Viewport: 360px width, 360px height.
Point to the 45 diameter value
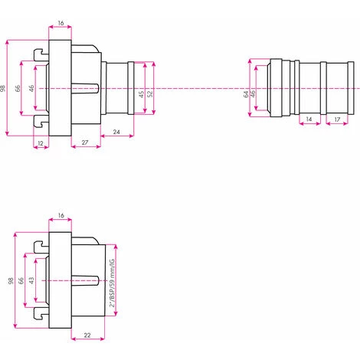click(x=141, y=95)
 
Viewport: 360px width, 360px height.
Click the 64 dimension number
click(x=246, y=94)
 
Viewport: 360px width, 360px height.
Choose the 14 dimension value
click(x=308, y=121)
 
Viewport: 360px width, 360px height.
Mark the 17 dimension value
click(x=337, y=121)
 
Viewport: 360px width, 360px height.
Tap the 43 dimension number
click(x=31, y=281)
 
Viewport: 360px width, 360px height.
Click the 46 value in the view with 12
click(x=31, y=88)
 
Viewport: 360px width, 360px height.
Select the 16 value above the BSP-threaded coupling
click(x=61, y=217)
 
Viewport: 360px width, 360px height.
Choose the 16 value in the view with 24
click(x=61, y=24)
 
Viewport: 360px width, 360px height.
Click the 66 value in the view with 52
click(x=21, y=88)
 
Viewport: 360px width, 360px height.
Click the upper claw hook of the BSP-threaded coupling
click(x=39, y=247)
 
